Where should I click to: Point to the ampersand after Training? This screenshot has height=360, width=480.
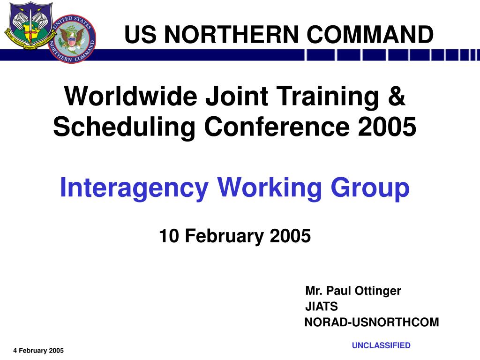click(x=397, y=97)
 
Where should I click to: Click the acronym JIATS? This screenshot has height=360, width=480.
click(x=321, y=307)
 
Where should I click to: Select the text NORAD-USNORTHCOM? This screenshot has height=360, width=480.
click(x=372, y=322)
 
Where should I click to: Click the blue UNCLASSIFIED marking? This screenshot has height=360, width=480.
click(x=381, y=345)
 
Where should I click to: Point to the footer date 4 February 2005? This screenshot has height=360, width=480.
click(x=38, y=351)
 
